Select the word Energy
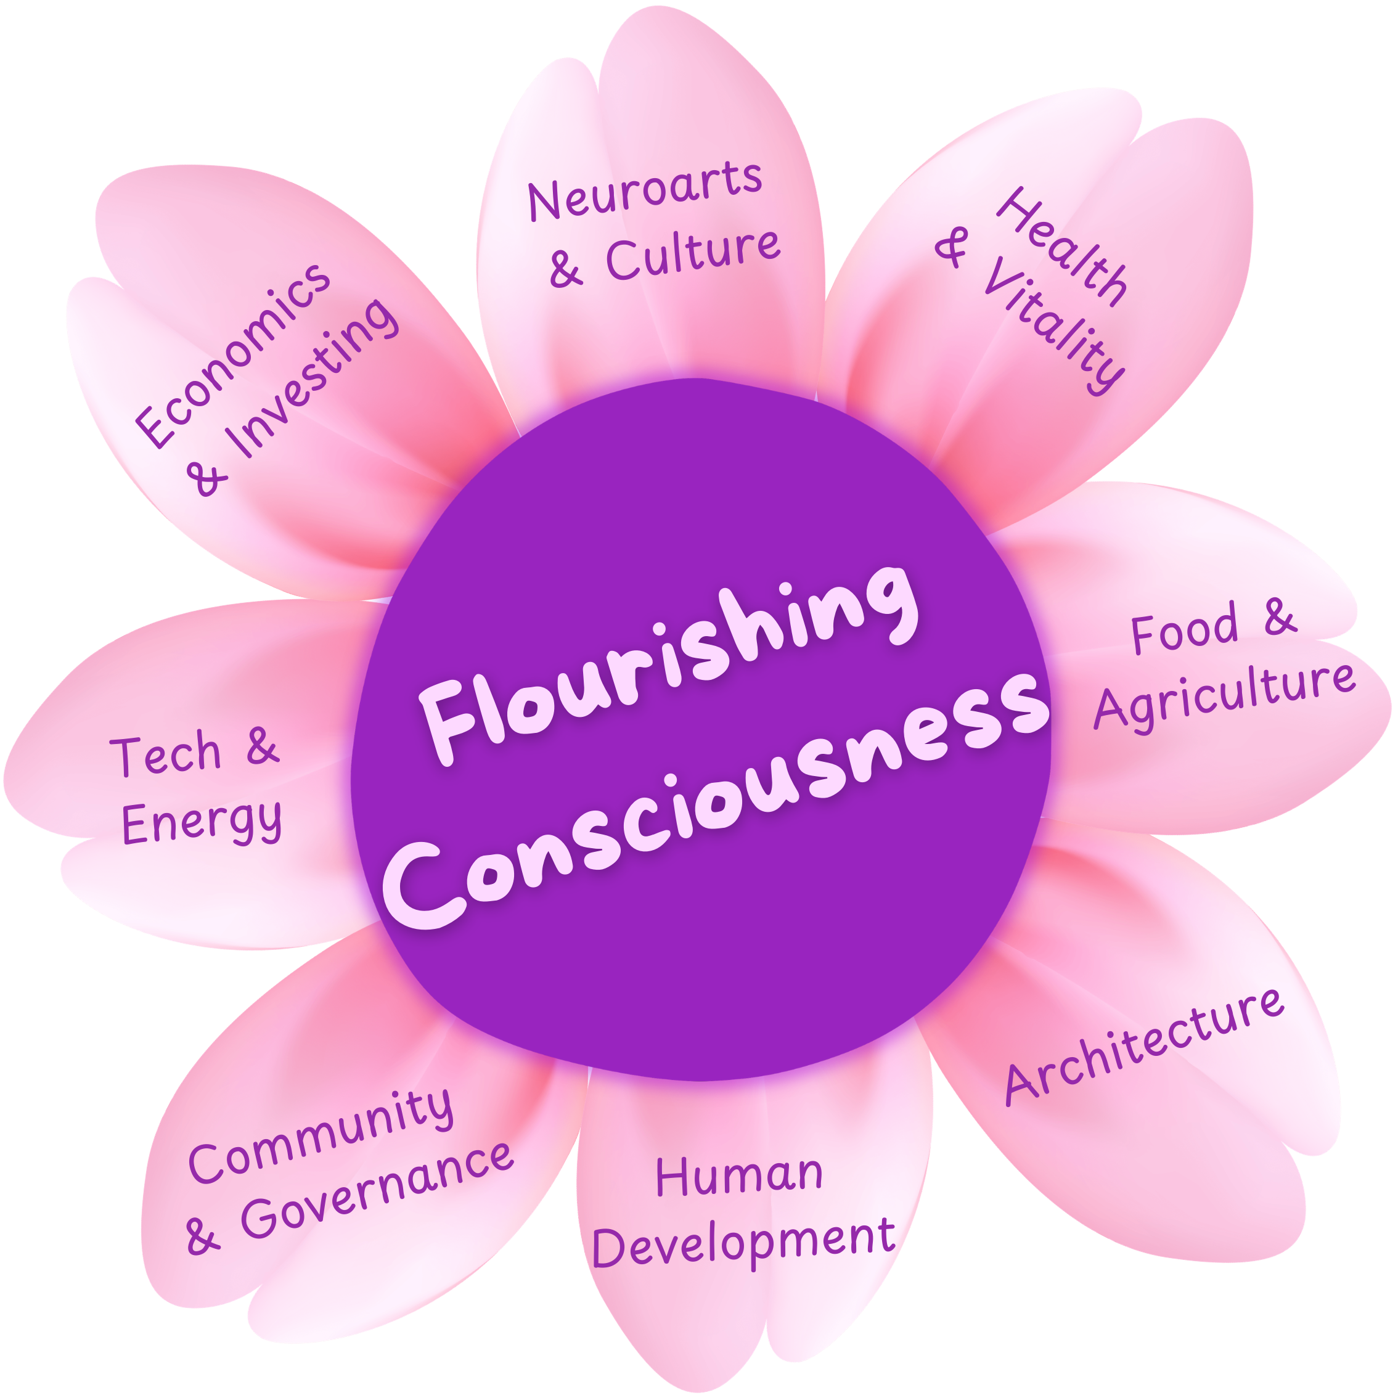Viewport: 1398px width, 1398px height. [x=202, y=821]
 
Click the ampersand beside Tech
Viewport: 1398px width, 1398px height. [x=263, y=745]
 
